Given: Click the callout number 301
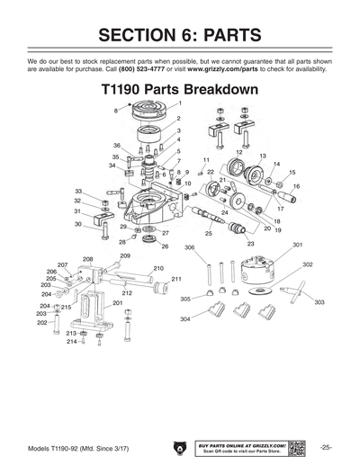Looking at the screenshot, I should pos(297,245).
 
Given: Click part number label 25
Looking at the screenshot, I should pos(208,233).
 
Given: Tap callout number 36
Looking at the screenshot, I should pos(117,145).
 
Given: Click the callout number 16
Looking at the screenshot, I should pos(296,185).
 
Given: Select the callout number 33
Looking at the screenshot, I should pos(78,191).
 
